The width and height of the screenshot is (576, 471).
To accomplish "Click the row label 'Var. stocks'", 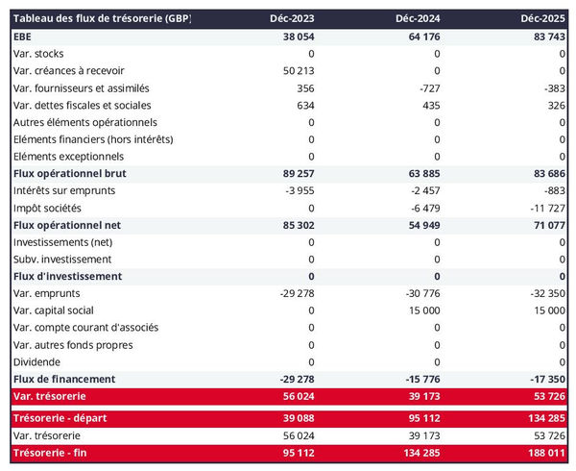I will tap(39, 54).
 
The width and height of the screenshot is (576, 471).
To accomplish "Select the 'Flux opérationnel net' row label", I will tap(67, 225).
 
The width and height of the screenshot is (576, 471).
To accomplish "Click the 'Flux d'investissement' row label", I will tap(67, 277).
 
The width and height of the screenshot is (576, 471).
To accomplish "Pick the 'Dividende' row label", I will tap(36, 361).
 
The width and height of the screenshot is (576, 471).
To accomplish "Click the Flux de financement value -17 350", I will tap(546, 379).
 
